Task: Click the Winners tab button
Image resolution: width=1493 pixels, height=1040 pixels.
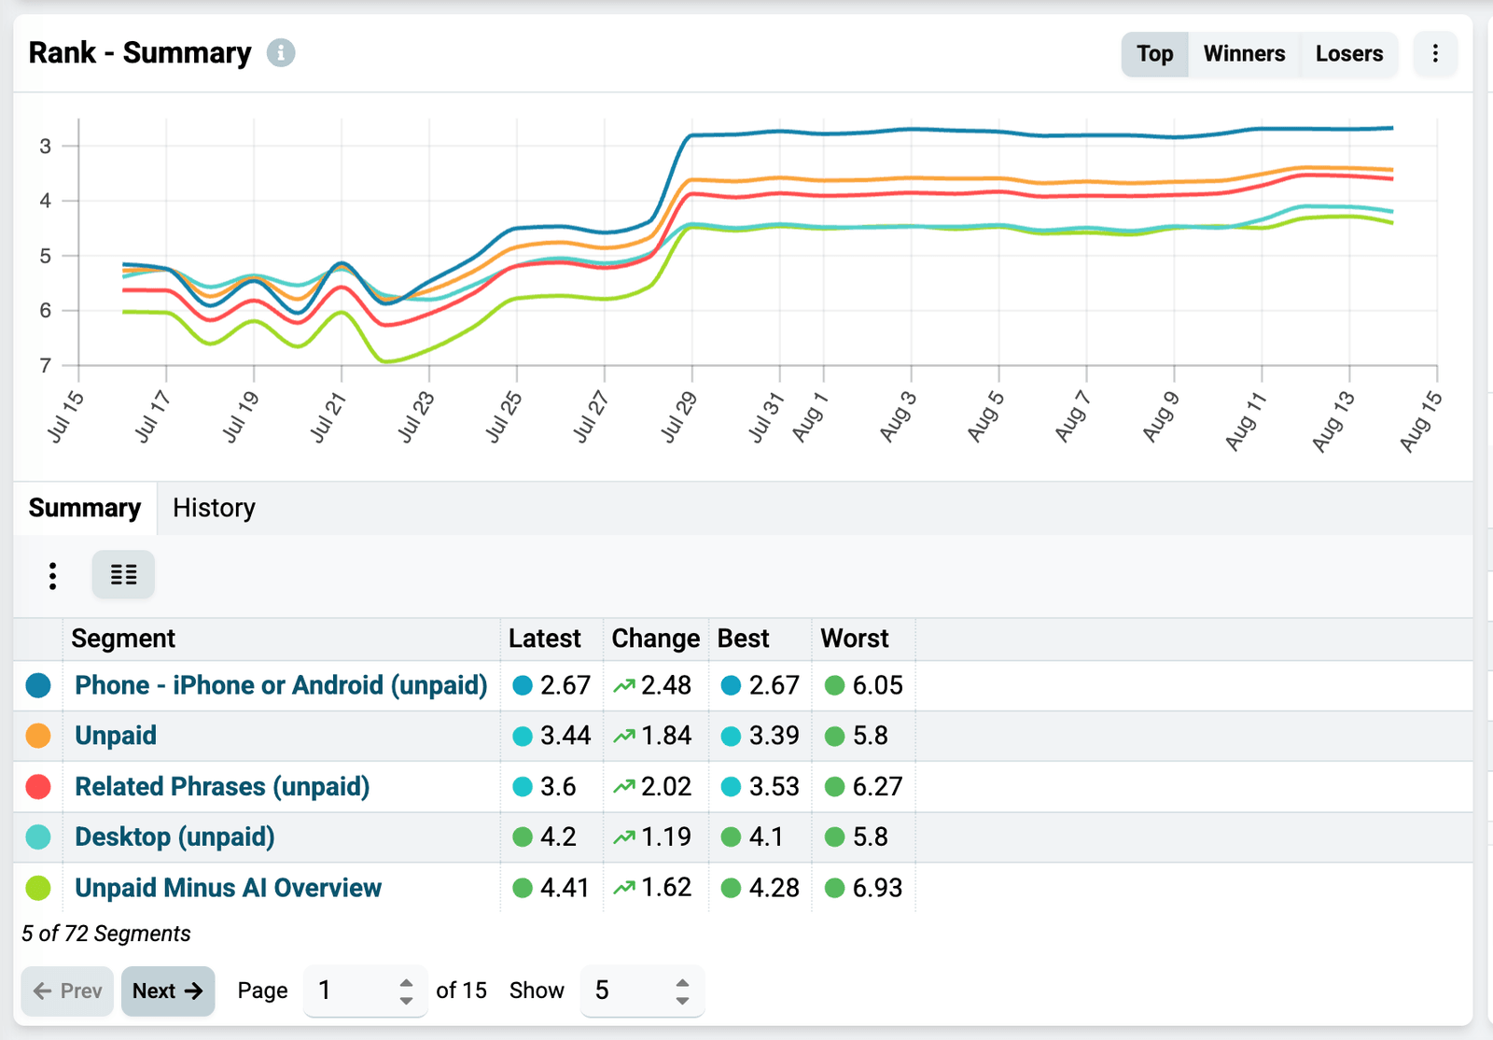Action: click(1245, 54)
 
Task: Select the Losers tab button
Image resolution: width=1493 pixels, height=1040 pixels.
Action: click(1349, 54)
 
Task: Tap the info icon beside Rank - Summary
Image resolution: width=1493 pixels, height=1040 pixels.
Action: click(281, 52)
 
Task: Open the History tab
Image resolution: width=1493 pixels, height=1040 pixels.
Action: click(214, 508)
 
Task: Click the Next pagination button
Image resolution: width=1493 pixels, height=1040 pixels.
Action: click(168, 991)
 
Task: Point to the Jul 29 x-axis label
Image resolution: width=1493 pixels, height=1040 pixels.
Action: click(678, 417)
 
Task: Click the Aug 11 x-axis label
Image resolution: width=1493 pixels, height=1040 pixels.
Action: click(1245, 421)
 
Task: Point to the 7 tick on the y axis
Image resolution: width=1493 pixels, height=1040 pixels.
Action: click(46, 365)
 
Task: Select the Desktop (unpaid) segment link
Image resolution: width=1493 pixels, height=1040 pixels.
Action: click(174, 837)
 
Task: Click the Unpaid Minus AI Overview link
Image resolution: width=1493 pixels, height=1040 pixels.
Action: click(228, 888)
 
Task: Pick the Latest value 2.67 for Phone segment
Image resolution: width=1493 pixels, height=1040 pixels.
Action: click(565, 685)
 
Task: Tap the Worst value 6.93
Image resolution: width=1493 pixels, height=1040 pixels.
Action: click(877, 888)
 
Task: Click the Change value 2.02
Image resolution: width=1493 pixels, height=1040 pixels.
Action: click(666, 787)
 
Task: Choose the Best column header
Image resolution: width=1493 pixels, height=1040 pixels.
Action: click(743, 639)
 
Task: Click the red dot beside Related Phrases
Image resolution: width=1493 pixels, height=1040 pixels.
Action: click(38, 787)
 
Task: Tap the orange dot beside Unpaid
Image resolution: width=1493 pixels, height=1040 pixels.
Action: click(38, 736)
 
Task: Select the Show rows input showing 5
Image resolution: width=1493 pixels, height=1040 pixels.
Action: click(642, 991)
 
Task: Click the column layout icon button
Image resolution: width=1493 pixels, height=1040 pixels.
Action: click(123, 575)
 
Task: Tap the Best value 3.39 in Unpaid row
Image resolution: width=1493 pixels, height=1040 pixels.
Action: click(774, 736)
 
